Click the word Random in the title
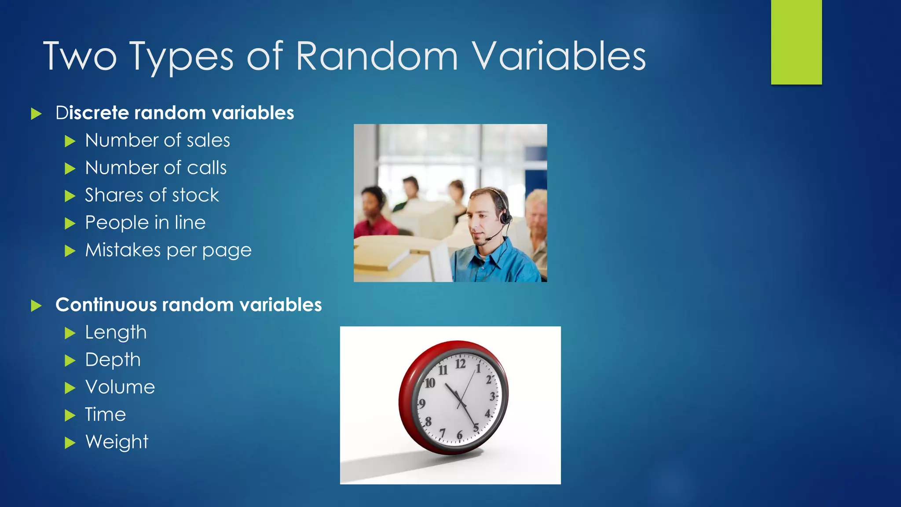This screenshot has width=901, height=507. click(x=377, y=56)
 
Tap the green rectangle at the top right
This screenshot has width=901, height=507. click(x=796, y=42)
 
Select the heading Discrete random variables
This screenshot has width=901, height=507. click(x=175, y=113)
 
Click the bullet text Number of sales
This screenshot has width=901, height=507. click(x=157, y=140)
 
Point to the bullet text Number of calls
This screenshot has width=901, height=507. click(x=156, y=168)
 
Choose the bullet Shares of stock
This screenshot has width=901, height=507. click(x=152, y=195)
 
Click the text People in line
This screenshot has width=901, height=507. click(x=145, y=223)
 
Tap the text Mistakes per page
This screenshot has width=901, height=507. click(x=168, y=250)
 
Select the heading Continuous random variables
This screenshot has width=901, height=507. click(x=188, y=305)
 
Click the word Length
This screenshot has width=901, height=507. click(x=116, y=333)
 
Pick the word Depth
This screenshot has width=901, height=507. click(x=113, y=360)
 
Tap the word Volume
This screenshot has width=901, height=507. click(x=120, y=387)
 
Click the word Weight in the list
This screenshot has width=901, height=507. click(x=117, y=442)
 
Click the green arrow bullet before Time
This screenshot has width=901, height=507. click(x=70, y=415)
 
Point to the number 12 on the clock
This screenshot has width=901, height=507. click(x=460, y=364)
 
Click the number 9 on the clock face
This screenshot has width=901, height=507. click(x=422, y=404)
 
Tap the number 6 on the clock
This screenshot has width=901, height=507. click(x=459, y=435)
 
